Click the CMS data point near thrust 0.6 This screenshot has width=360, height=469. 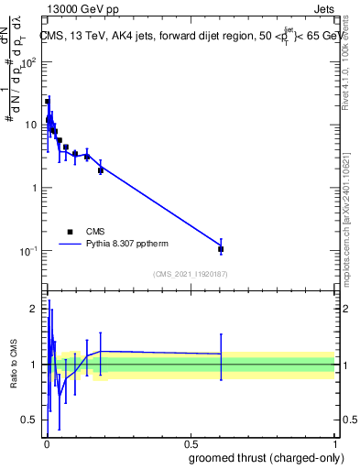click(x=221, y=249)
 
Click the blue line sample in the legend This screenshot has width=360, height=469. click(x=71, y=245)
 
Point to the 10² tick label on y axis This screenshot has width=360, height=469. click(x=31, y=63)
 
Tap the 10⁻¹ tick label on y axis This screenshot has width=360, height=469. click(x=30, y=251)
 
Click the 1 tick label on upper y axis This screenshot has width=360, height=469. click(x=37, y=189)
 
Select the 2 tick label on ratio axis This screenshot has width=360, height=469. click(x=36, y=309)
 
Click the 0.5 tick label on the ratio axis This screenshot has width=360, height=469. click(x=32, y=420)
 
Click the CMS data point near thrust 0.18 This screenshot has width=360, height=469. click(x=101, y=170)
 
